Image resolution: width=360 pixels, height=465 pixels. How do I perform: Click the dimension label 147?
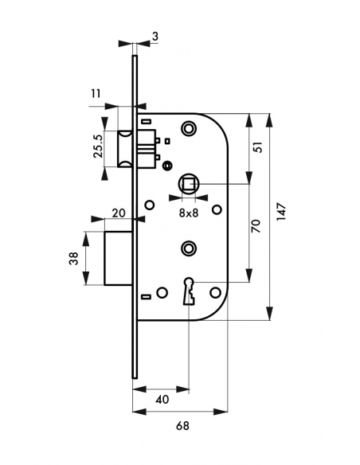pyautogui.click(x=281, y=212)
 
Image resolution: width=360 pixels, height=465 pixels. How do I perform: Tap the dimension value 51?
pyautogui.click(x=259, y=147)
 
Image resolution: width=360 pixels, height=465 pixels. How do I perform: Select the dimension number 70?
pyautogui.click(x=256, y=226)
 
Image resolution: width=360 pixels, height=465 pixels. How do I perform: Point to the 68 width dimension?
pyautogui.click(x=182, y=426)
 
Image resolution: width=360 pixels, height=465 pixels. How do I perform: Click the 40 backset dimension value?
pyautogui.click(x=162, y=399)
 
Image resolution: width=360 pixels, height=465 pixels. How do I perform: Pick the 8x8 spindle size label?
pyautogui.click(x=189, y=213)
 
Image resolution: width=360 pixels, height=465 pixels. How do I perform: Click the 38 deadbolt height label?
pyautogui.click(x=73, y=258)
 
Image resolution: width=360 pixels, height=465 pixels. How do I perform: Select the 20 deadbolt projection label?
pyautogui.click(x=119, y=213)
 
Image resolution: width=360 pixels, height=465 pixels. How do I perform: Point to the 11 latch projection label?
pyautogui.click(x=96, y=94)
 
